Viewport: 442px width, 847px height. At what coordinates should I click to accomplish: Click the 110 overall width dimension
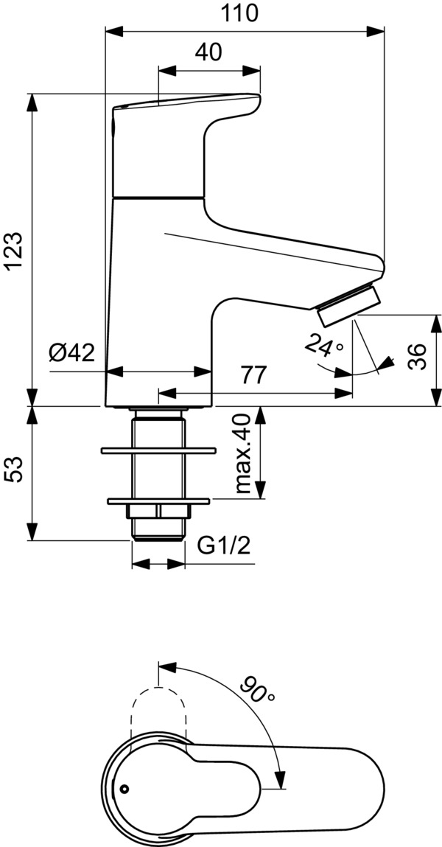tap(243, 13)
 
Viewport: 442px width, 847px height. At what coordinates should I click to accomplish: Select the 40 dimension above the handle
tap(209, 52)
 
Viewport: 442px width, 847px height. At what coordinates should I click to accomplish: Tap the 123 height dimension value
tap(16, 250)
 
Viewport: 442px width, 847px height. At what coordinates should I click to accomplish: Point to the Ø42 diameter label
tap(71, 353)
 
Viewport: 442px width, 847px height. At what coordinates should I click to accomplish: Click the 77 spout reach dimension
tap(253, 375)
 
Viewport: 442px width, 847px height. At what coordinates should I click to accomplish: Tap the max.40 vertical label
tap(244, 454)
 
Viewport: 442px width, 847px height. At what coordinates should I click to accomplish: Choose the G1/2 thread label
tap(224, 546)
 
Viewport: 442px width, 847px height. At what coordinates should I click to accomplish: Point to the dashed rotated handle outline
tap(158, 708)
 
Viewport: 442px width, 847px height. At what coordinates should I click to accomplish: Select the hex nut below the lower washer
tap(158, 512)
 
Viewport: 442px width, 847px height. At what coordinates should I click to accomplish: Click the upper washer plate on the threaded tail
tap(158, 448)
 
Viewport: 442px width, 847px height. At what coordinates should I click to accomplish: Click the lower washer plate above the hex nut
tap(158, 501)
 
